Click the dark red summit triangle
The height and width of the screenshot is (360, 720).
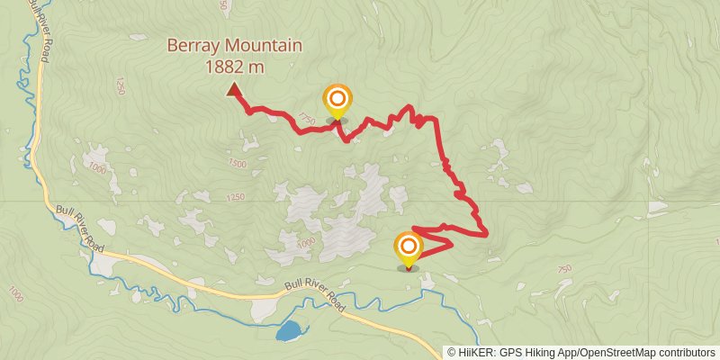(234, 89)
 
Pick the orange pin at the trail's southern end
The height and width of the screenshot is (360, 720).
(409, 247)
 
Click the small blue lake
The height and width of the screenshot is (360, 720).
(290, 331)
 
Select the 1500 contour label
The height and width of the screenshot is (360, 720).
(237, 163)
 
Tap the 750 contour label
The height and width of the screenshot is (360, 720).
(564, 270)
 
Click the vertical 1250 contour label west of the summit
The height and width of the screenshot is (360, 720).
(119, 86)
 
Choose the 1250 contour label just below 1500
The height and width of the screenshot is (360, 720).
(236, 197)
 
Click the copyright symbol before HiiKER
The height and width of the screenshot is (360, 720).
(452, 353)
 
